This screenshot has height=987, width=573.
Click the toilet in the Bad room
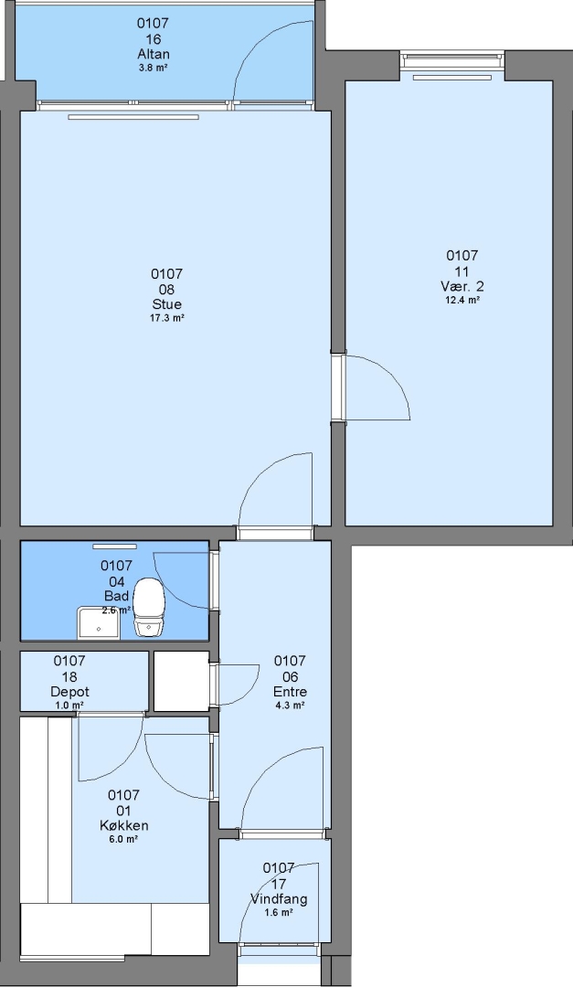[x=149, y=607]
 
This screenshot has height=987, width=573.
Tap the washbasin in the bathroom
[x=99, y=623]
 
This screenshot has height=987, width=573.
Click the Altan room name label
[x=153, y=54]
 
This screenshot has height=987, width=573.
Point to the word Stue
[x=167, y=304]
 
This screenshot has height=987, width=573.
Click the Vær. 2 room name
[x=462, y=286]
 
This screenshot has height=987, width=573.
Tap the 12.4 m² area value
[x=462, y=301]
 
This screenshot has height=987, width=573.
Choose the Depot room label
[x=69, y=692]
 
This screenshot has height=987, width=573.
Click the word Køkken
[x=124, y=825]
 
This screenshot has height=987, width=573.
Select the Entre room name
[x=290, y=692]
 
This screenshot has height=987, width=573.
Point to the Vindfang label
[x=279, y=898]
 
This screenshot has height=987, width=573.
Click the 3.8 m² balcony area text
[x=153, y=68]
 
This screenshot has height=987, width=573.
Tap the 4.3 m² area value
[x=291, y=706]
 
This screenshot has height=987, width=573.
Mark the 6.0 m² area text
[x=124, y=839]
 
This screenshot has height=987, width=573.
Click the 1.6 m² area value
[x=279, y=912]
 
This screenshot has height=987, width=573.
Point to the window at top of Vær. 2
[x=452, y=60]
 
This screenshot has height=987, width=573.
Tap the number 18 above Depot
[x=69, y=676]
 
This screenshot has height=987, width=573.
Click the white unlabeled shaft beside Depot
[x=181, y=681]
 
